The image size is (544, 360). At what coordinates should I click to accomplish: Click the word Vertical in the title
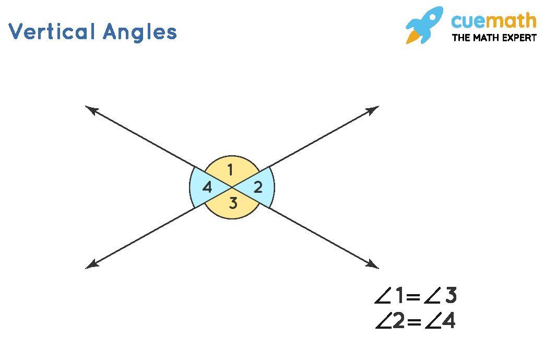pos(52,31)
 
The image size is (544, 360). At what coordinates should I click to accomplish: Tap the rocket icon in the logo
pos(424,25)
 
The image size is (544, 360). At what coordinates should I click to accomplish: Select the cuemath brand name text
pos(494,20)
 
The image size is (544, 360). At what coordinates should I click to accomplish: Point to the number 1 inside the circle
pos(230,170)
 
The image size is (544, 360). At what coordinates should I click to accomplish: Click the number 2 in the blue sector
pos(258,188)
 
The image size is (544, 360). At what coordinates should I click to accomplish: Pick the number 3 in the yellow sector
pos(233,203)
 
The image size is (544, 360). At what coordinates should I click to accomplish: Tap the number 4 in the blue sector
pos(207,188)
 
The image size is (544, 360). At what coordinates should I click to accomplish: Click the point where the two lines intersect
pos(232,187)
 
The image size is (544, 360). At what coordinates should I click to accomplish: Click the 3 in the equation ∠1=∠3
pos(451,295)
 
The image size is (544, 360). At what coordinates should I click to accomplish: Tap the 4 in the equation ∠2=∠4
pos(449,321)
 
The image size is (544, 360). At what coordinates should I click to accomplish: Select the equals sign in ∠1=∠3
pos(413,297)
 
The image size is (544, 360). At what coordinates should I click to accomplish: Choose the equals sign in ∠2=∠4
pos(414,322)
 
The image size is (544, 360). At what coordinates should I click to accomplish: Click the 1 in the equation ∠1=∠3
pos(400,295)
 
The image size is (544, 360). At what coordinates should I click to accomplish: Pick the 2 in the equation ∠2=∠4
pos(399,321)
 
